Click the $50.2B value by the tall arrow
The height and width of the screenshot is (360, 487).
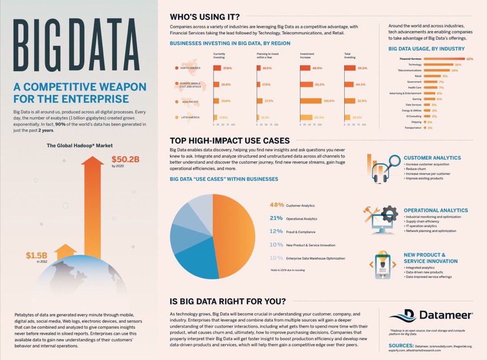click(125, 159)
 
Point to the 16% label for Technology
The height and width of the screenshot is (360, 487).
click(457, 65)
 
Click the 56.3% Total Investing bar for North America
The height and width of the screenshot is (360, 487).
click(349, 68)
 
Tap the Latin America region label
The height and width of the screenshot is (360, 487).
click(191, 118)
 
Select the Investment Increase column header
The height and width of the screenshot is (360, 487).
click(307, 56)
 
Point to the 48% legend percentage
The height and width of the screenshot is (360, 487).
click(276, 205)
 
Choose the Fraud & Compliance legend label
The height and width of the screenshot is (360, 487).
click(301, 232)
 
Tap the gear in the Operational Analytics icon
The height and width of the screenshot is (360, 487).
click(389, 213)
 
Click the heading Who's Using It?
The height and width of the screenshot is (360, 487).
click(204, 17)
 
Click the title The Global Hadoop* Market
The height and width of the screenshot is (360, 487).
click(79, 145)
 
